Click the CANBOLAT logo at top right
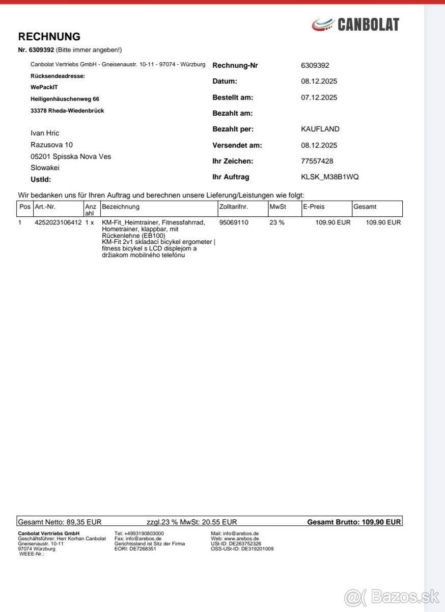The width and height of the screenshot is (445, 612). click(355, 24)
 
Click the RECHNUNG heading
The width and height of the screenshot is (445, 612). click(49, 37)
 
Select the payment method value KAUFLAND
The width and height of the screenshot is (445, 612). click(320, 129)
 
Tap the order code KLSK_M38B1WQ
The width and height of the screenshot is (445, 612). click(330, 177)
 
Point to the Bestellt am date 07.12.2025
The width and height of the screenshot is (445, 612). click(319, 97)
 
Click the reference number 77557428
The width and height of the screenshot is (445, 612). click(317, 161)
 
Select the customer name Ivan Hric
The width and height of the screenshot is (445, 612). click(45, 133)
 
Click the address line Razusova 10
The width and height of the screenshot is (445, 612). click(51, 145)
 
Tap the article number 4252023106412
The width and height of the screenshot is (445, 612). click(58, 223)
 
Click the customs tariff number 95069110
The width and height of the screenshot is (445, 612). click(234, 223)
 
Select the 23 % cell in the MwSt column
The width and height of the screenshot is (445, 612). click(277, 223)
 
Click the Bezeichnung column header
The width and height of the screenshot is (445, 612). click(121, 207)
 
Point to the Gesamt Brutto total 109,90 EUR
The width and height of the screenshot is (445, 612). click(381, 522)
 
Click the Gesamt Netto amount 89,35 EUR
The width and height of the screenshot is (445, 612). click(84, 522)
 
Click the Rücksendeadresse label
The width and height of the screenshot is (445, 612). click(58, 76)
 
